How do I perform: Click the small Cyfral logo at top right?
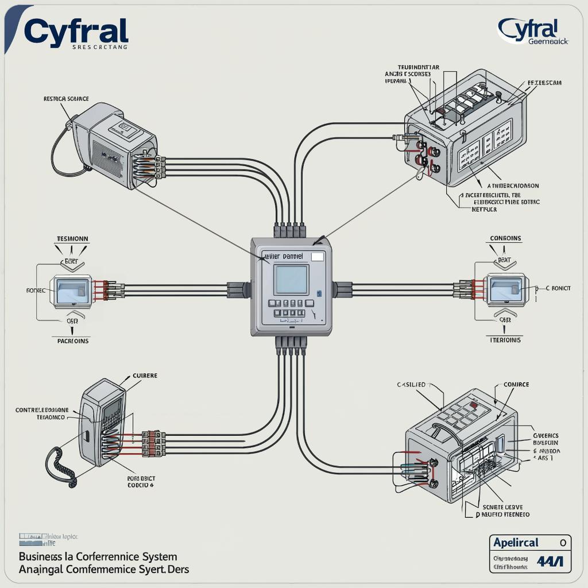[x=528, y=29]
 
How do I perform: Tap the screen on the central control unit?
[x=291, y=280]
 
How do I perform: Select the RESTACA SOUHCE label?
[x=66, y=99]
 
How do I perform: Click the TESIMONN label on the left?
[x=72, y=238]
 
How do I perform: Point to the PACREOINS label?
[x=73, y=341]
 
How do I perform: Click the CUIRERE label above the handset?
[x=145, y=376]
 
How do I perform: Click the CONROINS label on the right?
[x=505, y=238]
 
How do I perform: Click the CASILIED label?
[x=411, y=385]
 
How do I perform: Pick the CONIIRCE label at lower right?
[x=516, y=385]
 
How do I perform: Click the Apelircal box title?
[x=516, y=543]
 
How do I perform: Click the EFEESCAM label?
[x=544, y=83]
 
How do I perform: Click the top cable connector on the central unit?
[x=289, y=230]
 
